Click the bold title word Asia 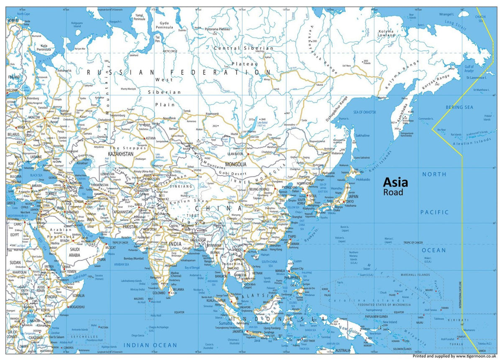click(x=395, y=182)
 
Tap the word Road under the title click(x=393, y=192)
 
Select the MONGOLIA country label click(x=236, y=164)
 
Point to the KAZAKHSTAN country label click(x=120, y=154)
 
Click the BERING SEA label click(x=459, y=107)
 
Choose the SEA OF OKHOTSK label click(x=365, y=112)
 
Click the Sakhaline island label click(x=362, y=135)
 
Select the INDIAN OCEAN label click(x=150, y=345)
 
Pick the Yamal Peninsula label click(x=139, y=16)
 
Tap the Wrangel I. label click(x=446, y=14)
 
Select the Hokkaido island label click(x=363, y=180)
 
